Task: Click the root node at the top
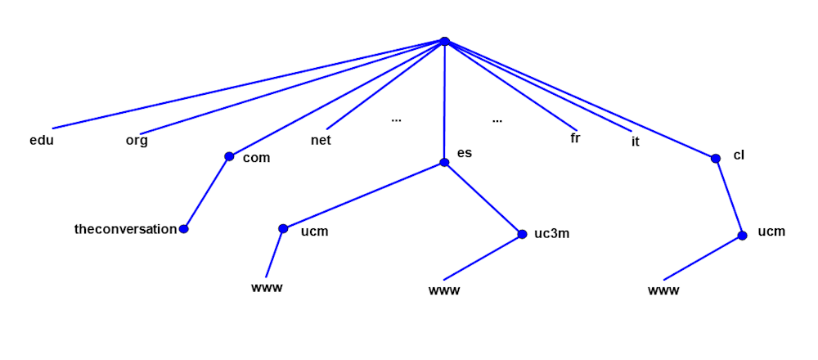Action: coord(444,41)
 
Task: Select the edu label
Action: coord(41,140)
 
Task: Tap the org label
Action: coord(137,140)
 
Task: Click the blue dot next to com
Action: coord(229,156)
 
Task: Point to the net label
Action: coord(321,140)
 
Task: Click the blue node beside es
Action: coord(444,162)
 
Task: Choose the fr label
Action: coord(575,138)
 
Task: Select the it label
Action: coord(636,142)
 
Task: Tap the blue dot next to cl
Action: coord(716,158)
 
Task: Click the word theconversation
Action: coord(125,229)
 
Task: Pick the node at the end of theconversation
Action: coord(184,229)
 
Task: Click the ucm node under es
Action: coord(283,229)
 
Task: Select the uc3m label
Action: coord(551,233)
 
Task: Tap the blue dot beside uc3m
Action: coord(522,234)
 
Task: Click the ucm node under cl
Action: coord(742,236)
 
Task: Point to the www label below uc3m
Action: coord(444,290)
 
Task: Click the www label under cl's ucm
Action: coord(663,290)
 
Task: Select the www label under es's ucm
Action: coord(267,287)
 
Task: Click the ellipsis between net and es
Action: coord(396,119)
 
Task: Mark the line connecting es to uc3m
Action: coord(483,198)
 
